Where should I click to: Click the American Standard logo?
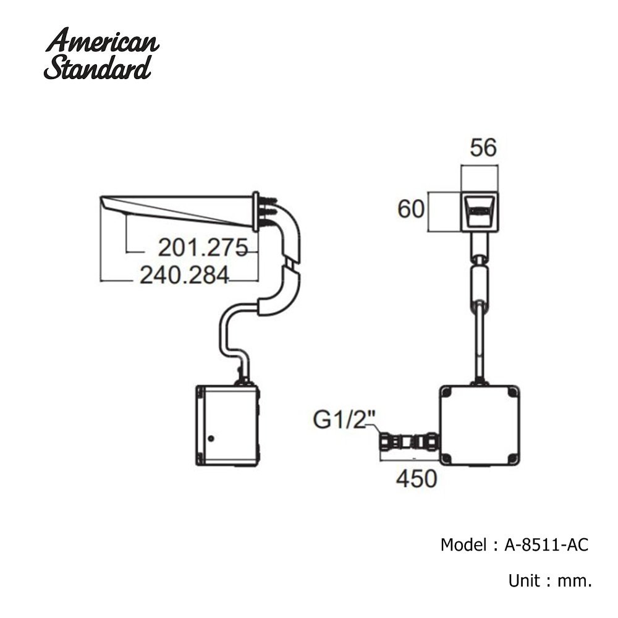tap(101, 54)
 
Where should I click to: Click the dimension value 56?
tap(483, 148)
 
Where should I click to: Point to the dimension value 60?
tap(411, 209)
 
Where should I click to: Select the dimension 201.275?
tap(203, 248)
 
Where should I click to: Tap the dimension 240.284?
tap(184, 275)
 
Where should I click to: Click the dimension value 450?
tap(417, 479)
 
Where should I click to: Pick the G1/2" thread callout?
tap(344, 420)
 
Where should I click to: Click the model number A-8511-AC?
tap(546, 544)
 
